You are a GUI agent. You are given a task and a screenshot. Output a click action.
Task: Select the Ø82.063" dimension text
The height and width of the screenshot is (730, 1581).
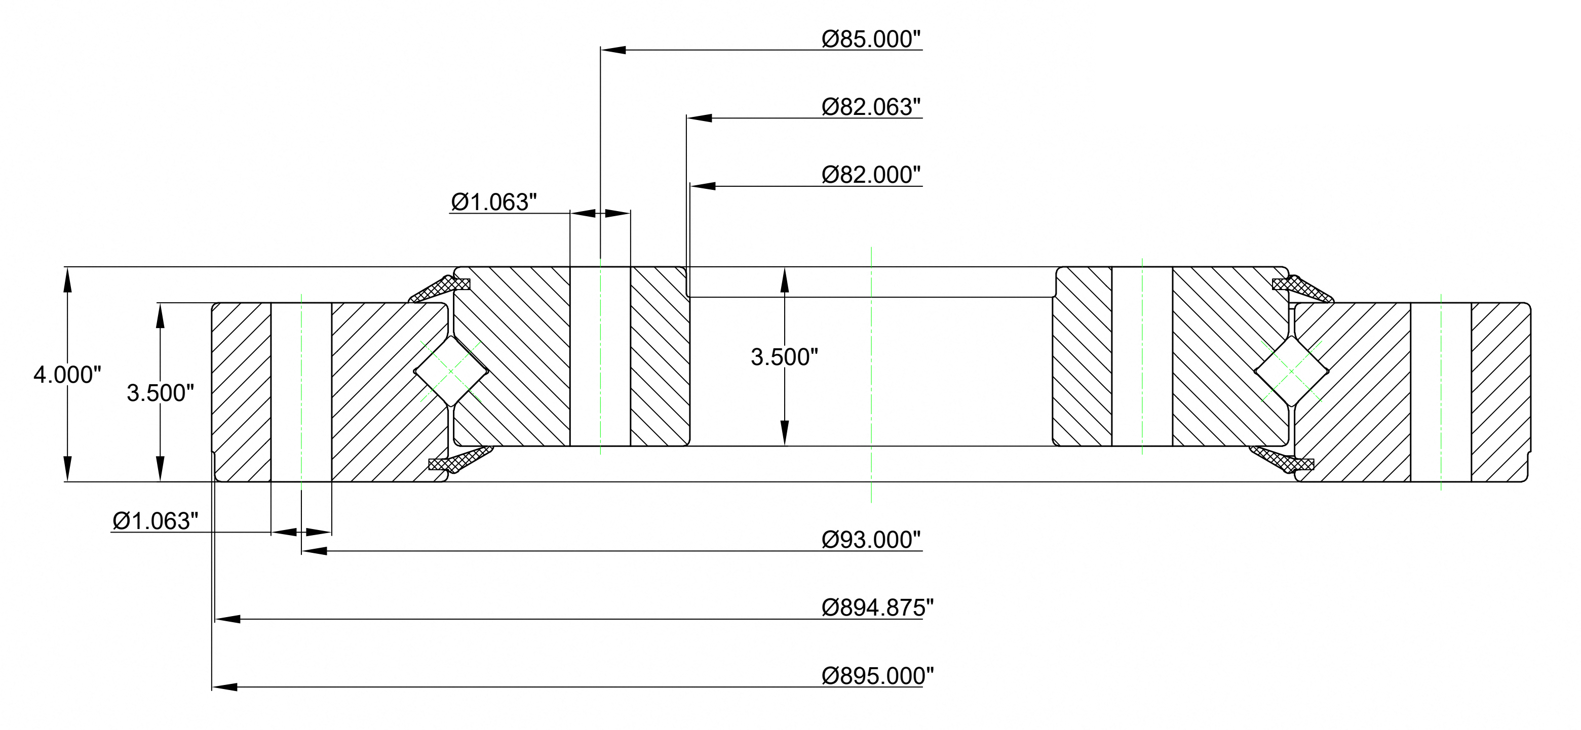[871, 107]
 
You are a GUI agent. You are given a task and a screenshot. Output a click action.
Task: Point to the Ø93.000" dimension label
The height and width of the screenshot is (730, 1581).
[871, 540]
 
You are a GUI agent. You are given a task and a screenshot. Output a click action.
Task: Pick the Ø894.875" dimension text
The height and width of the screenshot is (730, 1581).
[878, 608]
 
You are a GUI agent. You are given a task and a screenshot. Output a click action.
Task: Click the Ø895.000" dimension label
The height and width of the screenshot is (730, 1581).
[878, 676]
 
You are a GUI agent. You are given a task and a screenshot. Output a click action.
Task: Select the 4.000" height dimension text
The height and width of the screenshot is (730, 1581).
[67, 375]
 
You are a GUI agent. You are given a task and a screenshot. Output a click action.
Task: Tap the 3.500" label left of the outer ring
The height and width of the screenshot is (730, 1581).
[160, 393]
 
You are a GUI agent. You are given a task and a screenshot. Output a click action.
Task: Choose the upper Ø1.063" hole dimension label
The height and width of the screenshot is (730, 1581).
[494, 202]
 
